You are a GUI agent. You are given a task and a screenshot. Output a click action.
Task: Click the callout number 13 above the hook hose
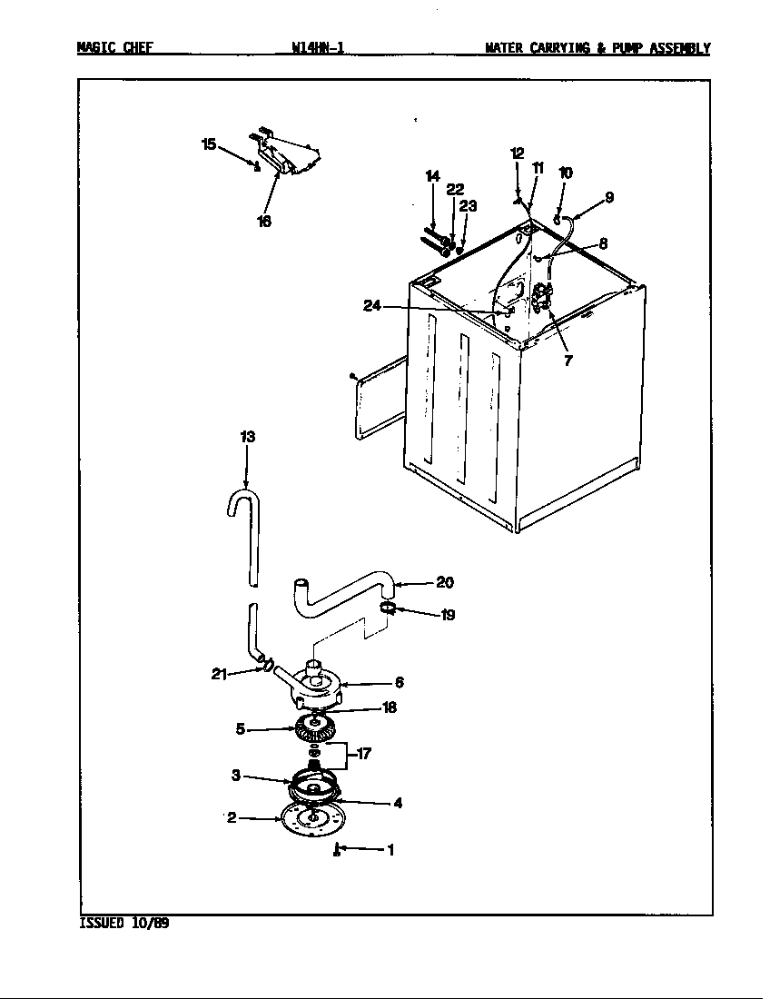[x=247, y=437]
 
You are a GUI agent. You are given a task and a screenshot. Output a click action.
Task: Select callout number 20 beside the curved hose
[x=444, y=582]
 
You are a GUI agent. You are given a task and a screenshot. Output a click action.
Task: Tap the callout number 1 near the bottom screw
[x=390, y=850]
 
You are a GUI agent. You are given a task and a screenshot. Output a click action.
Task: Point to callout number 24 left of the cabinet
[x=372, y=306]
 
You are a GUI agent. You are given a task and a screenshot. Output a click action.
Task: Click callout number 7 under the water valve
[x=568, y=361]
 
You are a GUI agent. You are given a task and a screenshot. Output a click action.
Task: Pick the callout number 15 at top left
[x=209, y=144]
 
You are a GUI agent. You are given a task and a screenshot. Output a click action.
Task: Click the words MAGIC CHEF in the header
[x=114, y=48]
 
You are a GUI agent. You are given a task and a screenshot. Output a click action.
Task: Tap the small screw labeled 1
[x=337, y=850]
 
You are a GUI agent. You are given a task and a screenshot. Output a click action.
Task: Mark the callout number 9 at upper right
[x=609, y=196]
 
